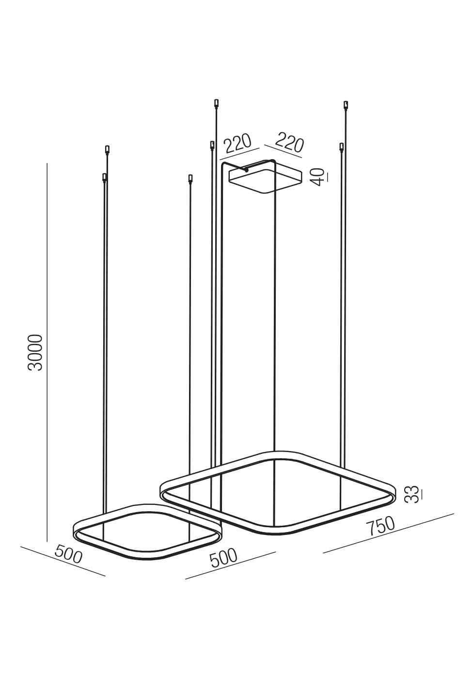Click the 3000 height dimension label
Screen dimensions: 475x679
pos(35,353)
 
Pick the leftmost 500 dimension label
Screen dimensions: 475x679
pos(68,554)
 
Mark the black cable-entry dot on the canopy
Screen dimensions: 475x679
pos(247,171)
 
